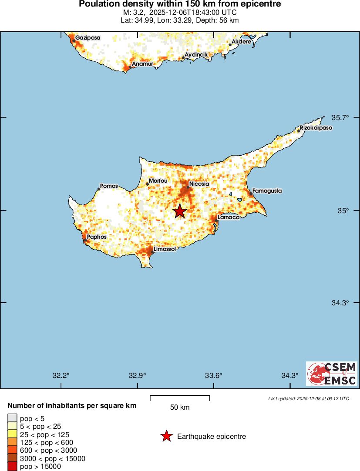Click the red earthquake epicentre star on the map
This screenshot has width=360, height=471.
180,211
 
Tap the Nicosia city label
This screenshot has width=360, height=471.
199,184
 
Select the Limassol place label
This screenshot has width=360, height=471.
165,249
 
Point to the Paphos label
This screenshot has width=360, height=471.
96,237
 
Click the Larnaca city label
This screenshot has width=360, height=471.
228,217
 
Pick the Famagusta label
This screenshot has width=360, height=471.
267,190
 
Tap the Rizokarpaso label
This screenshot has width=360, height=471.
316,128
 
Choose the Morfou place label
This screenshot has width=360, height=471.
158,180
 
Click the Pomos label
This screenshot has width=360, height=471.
109,186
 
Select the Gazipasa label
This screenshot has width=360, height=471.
87,38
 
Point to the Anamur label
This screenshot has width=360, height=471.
142,64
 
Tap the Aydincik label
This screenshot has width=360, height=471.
196,54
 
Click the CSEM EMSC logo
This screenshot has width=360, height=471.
332,374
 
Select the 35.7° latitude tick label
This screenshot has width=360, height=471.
340,117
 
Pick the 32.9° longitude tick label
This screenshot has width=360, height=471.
138,376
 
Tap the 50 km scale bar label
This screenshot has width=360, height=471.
180,408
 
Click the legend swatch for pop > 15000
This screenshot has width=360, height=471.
12,467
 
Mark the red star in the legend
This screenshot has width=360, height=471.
166,436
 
